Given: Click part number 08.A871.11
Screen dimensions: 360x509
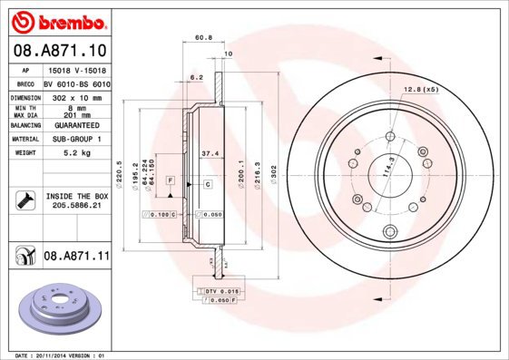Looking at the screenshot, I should point(76,258).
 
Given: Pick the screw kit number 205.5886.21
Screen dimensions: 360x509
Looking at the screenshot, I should point(76,205).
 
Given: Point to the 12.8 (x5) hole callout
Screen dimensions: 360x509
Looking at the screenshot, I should point(417,90).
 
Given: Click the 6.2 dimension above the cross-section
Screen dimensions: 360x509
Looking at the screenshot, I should point(196,78).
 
